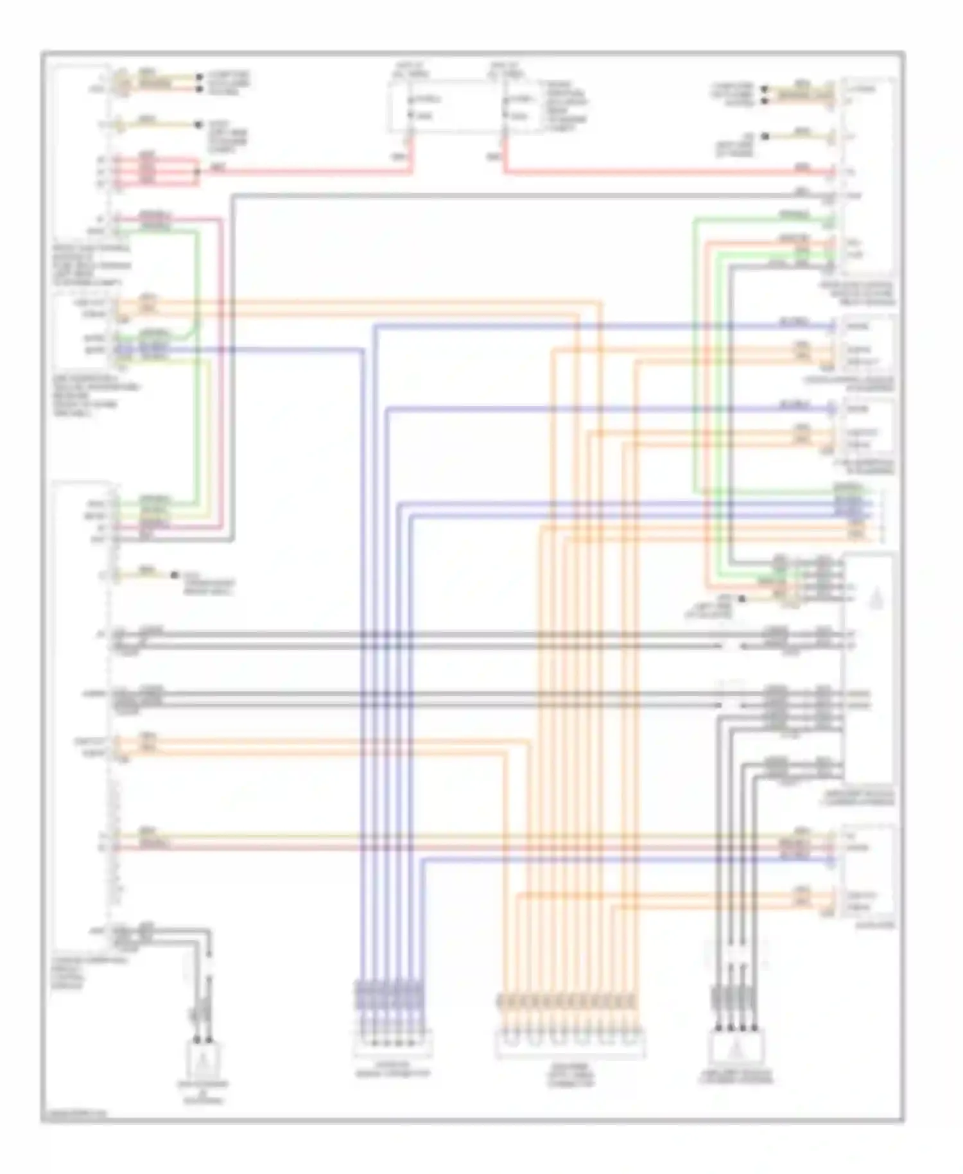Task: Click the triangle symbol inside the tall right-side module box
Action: pyautogui.click(x=876, y=600)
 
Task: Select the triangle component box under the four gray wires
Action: pyautogui.click(x=736, y=1047)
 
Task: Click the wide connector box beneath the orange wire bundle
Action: pyautogui.click(x=569, y=1044)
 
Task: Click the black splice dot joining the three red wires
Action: pyautogui.click(x=197, y=171)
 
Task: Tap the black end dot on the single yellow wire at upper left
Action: pyautogui.click(x=196, y=124)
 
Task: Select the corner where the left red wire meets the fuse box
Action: pyautogui.click(x=412, y=171)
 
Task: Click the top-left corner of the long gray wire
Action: pyautogui.click(x=233, y=196)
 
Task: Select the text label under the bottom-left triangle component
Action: pyautogui.click(x=203, y=1092)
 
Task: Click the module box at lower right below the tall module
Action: pyautogui.click(x=869, y=872)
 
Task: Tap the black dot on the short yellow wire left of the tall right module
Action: pyautogui.click(x=742, y=599)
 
